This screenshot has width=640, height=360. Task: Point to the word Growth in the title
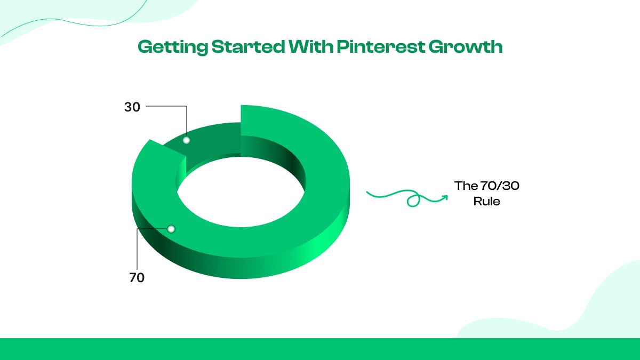click(x=465, y=47)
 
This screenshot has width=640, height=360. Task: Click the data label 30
click(x=132, y=107)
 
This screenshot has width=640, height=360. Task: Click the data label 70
click(x=137, y=278)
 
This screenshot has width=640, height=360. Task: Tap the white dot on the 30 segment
click(x=186, y=140)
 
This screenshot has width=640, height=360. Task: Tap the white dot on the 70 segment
click(x=171, y=229)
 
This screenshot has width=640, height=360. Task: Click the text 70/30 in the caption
click(x=499, y=186)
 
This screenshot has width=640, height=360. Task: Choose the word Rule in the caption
click(x=486, y=202)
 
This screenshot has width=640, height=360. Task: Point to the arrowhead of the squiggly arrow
click(x=444, y=197)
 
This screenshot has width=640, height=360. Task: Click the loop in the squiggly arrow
click(x=412, y=202)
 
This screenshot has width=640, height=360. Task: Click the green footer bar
click(x=320, y=349)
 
